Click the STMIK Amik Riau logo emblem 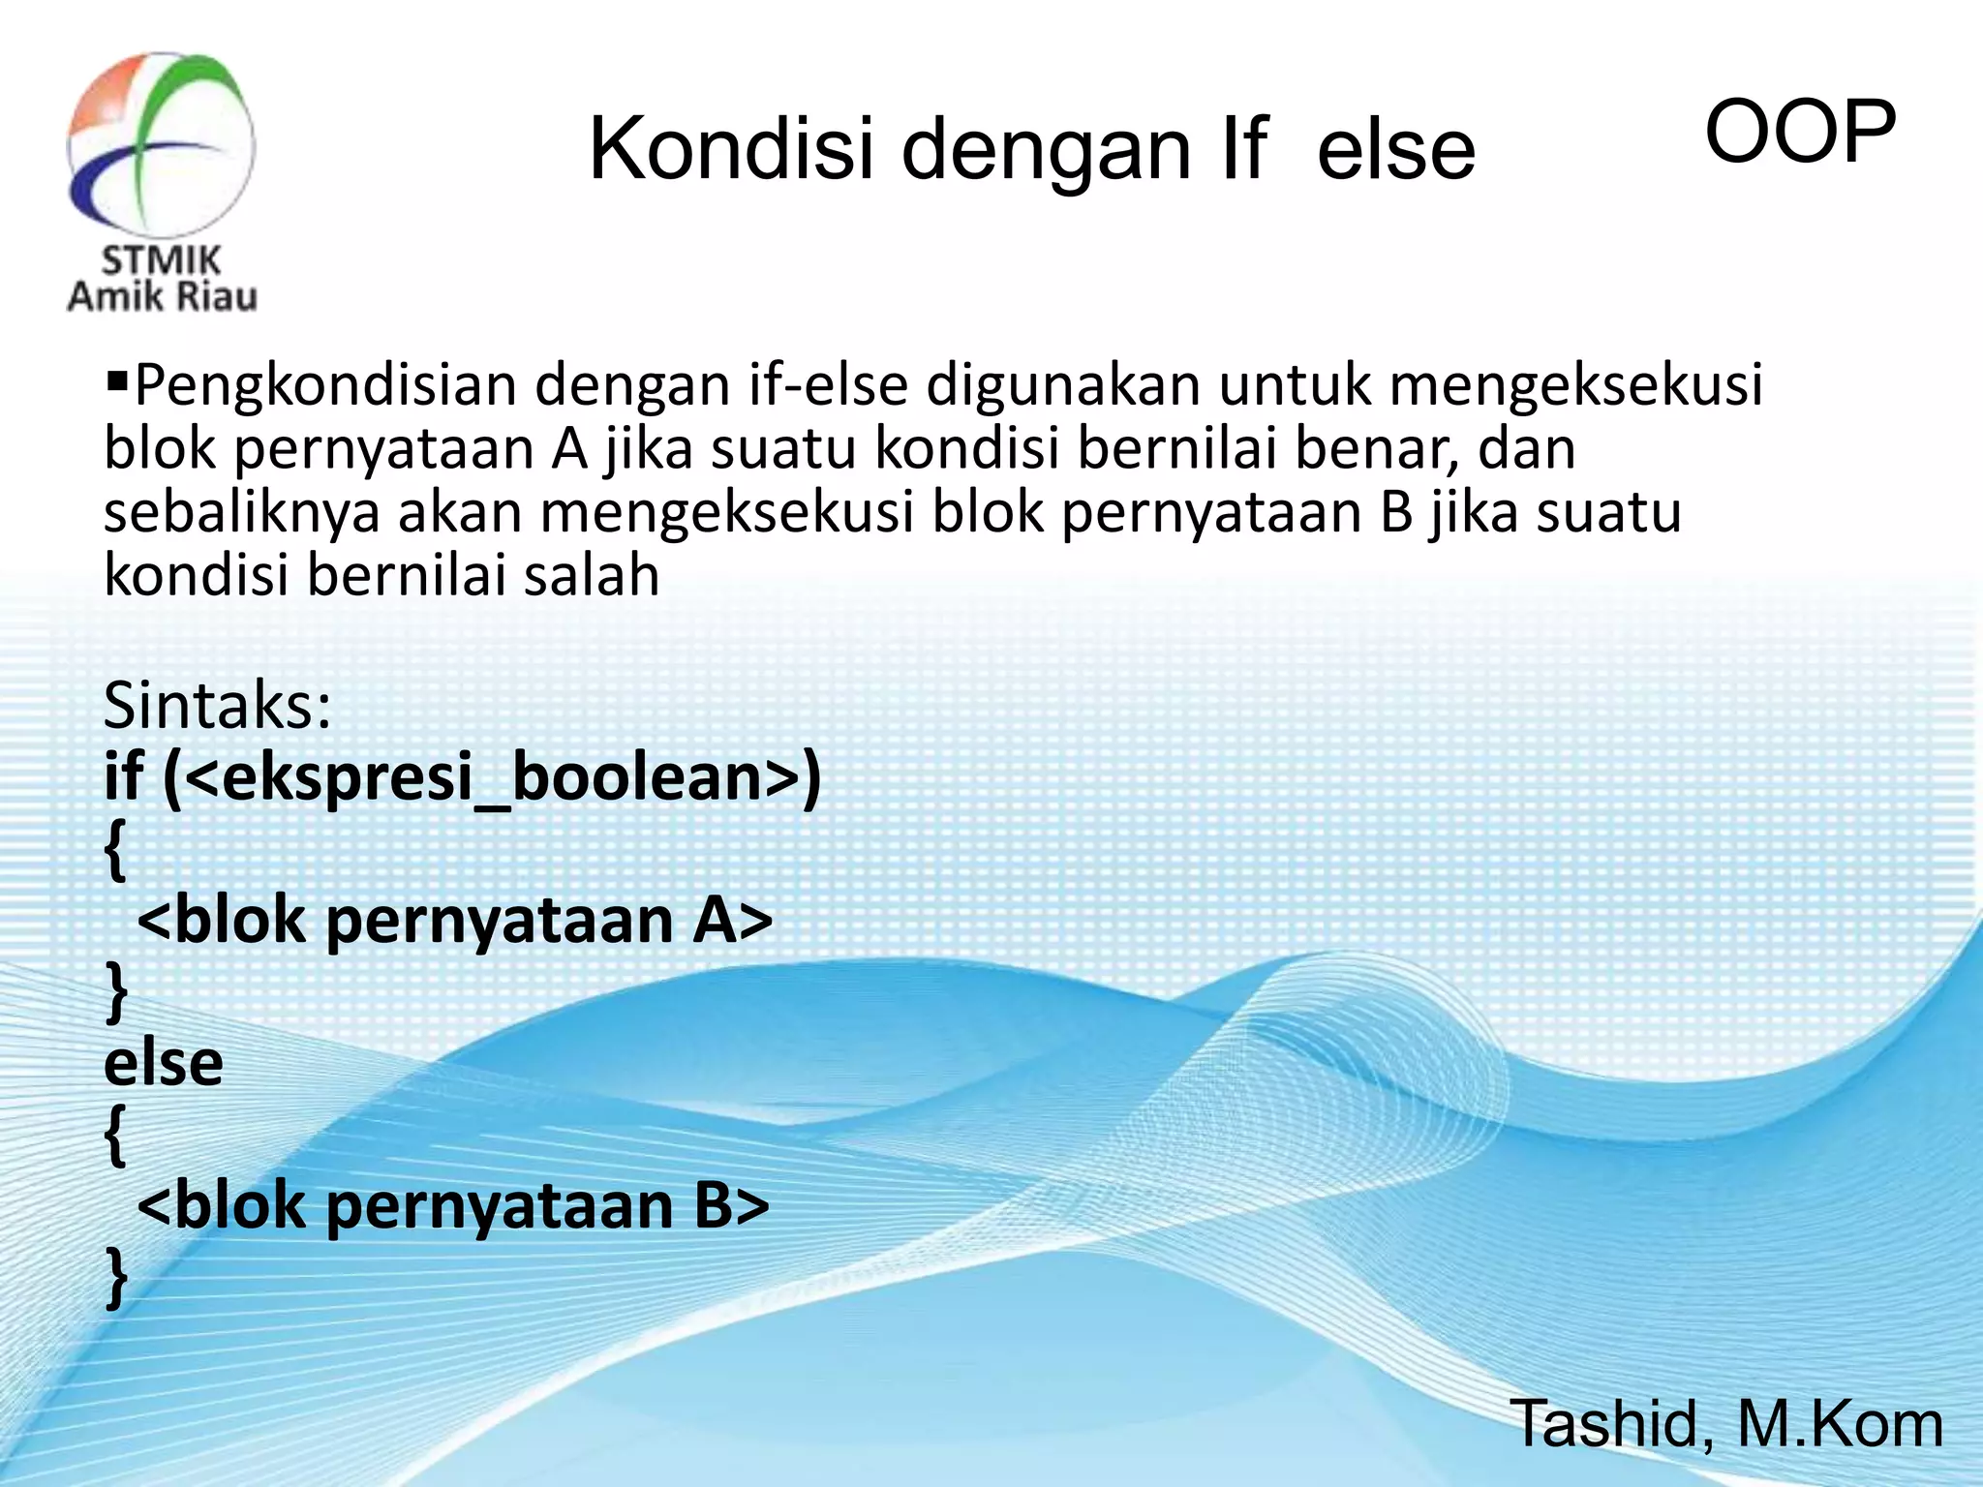161,145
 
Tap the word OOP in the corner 1799,133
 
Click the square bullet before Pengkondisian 116,374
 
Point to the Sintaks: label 218,706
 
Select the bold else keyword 164,1063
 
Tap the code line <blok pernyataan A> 455,920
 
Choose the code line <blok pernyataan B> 453,1206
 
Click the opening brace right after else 115,1137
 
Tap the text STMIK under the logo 161,259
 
